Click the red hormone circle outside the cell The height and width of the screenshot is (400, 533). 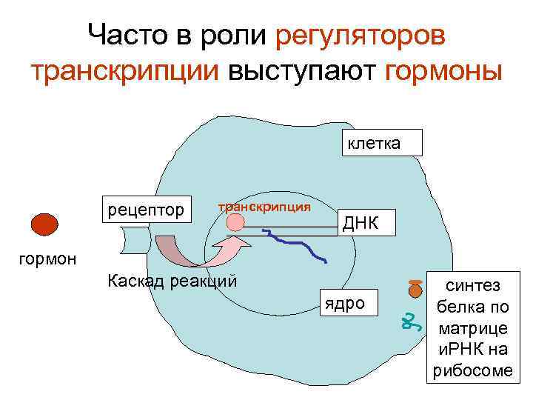(45, 224)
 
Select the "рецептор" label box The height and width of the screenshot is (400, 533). (147, 210)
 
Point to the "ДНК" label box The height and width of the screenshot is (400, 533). (358, 221)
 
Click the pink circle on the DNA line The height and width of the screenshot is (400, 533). (235, 222)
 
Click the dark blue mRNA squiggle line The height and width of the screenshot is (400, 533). (296, 244)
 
